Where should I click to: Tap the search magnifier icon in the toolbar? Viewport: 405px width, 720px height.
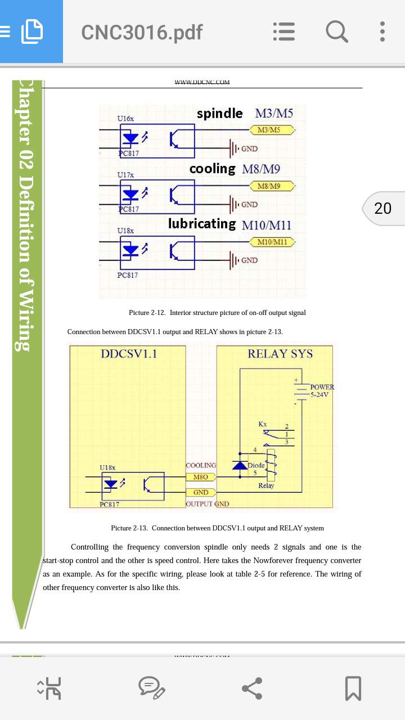(x=337, y=31)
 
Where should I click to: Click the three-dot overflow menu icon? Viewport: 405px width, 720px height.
(x=382, y=31)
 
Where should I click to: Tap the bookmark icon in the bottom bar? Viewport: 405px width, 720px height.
(x=353, y=688)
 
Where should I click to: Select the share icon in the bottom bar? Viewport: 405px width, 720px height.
(x=253, y=688)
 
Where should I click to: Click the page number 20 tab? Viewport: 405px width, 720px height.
(x=383, y=208)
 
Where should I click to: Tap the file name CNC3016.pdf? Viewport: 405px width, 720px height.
(x=142, y=32)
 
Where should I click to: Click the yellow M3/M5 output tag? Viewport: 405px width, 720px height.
(x=272, y=130)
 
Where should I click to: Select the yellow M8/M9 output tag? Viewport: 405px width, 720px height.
(x=272, y=186)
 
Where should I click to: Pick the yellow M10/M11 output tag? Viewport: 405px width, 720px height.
(x=272, y=242)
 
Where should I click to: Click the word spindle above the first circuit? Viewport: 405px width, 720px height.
(x=219, y=114)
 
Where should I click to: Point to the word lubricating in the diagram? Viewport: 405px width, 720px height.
(x=202, y=224)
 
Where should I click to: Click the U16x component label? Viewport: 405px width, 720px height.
(x=125, y=119)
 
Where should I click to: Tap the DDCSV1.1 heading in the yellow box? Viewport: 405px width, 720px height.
(x=129, y=354)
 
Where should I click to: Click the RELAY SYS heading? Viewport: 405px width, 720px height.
(x=280, y=354)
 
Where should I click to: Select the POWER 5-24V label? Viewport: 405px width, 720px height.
(x=322, y=390)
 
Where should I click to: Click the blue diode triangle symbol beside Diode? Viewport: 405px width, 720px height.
(x=240, y=465)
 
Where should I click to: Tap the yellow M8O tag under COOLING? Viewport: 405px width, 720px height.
(x=201, y=477)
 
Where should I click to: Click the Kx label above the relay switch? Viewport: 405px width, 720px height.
(x=263, y=424)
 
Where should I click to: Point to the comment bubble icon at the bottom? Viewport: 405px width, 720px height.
(x=152, y=688)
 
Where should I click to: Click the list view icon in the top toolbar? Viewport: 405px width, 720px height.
(x=284, y=31)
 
